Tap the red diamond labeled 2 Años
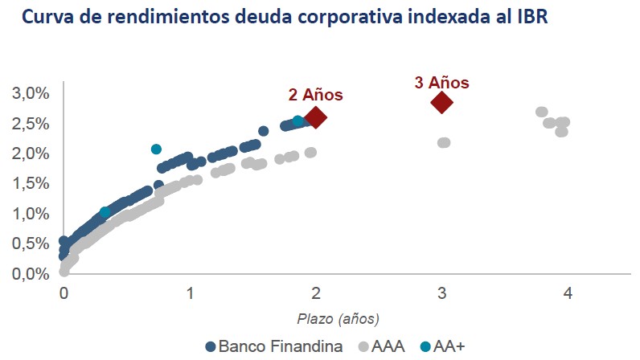316,117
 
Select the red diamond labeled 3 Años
441,102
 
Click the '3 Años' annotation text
441,82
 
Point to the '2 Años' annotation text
316,95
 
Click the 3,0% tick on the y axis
30,93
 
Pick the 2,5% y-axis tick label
30,123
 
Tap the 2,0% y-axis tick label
30,153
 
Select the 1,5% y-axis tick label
30,183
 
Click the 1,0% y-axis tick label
30,214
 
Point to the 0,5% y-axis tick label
30,243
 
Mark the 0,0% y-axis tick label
30,274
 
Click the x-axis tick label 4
568,294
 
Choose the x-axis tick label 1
190,294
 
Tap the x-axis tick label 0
64,294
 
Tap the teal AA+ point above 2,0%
156,149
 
